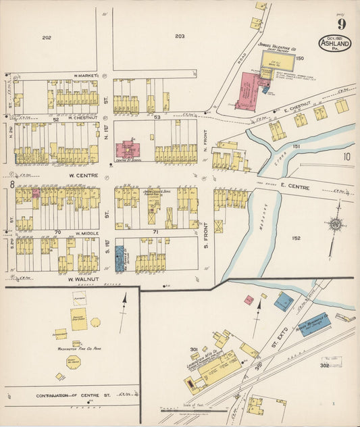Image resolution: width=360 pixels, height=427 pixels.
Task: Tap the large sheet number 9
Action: [x=342, y=25]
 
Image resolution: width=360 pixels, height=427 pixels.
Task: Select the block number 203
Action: [x=179, y=36]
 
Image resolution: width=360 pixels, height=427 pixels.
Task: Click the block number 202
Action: [x=46, y=36]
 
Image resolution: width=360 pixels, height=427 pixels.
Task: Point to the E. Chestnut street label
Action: [x=295, y=105]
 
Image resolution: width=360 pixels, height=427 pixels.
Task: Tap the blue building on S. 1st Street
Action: [x=120, y=258]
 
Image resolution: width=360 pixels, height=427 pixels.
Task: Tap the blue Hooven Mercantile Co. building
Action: [x=315, y=321]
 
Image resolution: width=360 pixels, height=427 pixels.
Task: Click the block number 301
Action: [x=193, y=349]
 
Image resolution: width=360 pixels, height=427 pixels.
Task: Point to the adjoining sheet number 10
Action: [x=346, y=157]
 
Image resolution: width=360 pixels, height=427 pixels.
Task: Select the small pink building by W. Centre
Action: [x=36, y=193]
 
